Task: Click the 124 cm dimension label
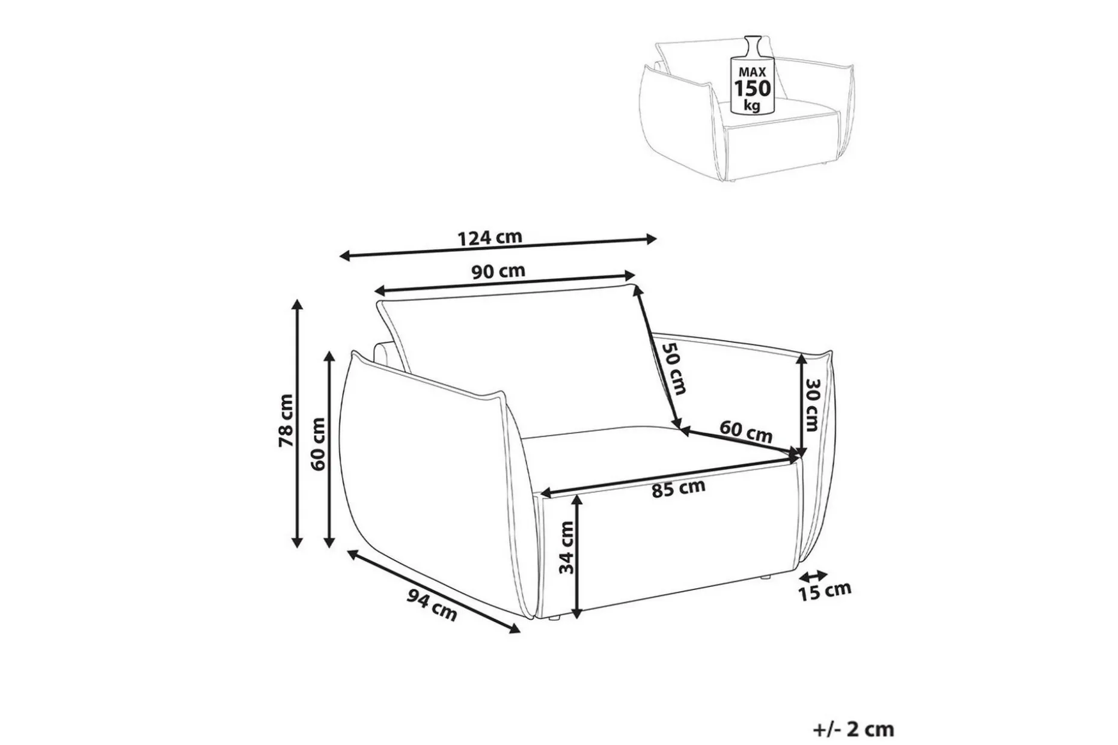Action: (490, 237)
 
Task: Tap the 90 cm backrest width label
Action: (498, 272)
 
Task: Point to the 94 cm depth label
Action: (432, 604)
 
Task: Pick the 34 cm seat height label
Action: (566, 547)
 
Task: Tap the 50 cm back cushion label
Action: (673, 368)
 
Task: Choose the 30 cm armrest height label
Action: (812, 404)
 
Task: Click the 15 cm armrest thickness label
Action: (825, 591)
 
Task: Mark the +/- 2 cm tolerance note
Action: (854, 729)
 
